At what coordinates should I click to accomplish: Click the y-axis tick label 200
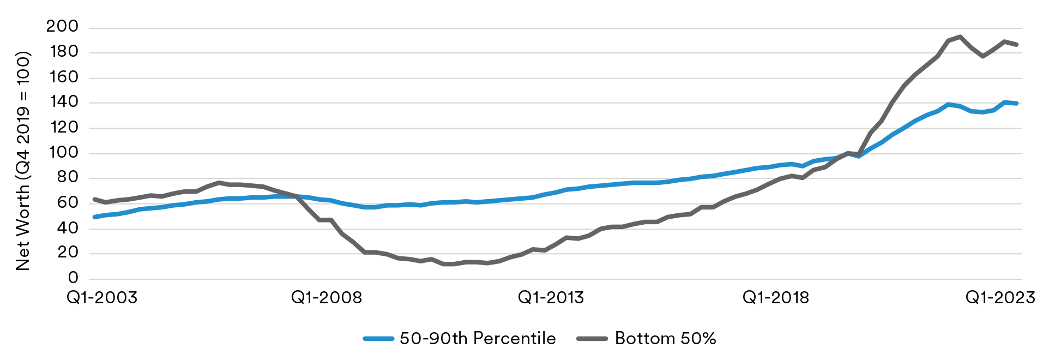62,27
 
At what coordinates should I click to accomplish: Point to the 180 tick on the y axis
63,52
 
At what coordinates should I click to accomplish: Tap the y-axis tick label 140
63,102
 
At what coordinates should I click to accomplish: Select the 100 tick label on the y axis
63,152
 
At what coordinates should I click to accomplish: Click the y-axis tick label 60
68,202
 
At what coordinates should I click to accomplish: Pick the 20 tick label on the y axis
68,253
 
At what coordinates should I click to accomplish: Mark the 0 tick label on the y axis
73,278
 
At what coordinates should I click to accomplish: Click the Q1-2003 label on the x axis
102,297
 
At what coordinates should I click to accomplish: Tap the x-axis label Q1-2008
327,297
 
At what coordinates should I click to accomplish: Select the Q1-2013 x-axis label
551,297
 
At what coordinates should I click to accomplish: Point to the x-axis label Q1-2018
776,297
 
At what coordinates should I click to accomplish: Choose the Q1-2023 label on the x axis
1000,297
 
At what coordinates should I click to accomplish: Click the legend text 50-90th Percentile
478,338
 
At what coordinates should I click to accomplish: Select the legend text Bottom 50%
665,338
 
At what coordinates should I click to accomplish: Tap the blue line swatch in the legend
378,339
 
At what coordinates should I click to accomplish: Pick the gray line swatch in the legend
592,339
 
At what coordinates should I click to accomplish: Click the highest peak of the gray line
960,37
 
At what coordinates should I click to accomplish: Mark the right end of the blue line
1016,103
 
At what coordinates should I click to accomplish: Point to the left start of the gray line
94,199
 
